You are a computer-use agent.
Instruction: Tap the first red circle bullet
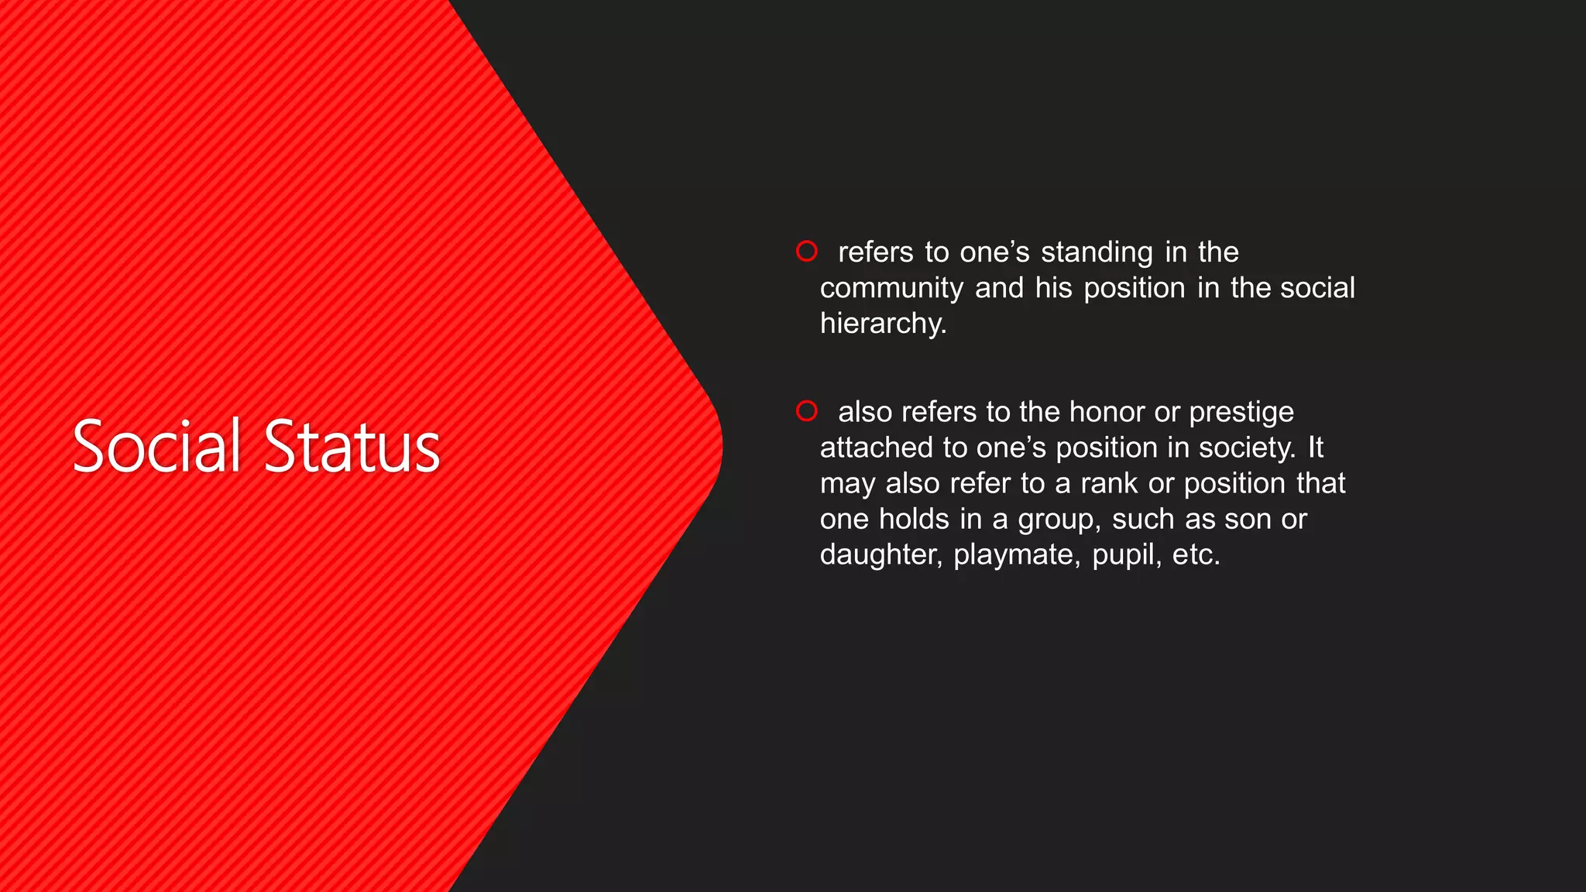(x=806, y=251)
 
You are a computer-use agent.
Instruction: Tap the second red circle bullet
(x=806, y=410)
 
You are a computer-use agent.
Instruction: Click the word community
(x=891, y=289)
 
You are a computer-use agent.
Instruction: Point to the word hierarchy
(x=882, y=324)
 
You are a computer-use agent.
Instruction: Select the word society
(x=1246, y=448)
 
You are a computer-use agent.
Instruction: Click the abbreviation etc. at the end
(x=1195, y=555)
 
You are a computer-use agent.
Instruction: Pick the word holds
(x=914, y=520)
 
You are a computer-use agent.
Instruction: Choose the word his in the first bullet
(x=1053, y=288)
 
